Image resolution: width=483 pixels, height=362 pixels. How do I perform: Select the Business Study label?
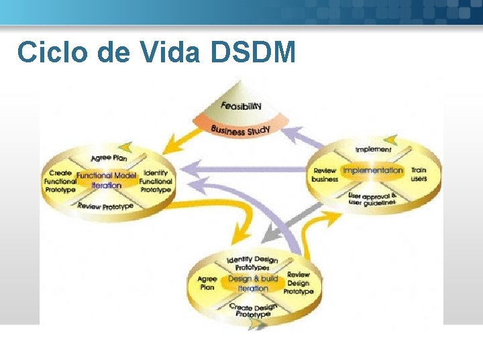pyautogui.click(x=240, y=129)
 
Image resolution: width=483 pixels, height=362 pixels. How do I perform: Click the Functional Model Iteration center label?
pyautogui.click(x=107, y=180)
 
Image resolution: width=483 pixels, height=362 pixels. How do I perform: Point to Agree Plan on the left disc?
pyautogui.click(x=109, y=158)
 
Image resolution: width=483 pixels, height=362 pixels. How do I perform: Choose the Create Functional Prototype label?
pyautogui.click(x=60, y=181)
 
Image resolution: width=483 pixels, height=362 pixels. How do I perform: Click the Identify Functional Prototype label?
pyautogui.click(x=156, y=181)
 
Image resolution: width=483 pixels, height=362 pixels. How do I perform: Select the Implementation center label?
pyautogui.click(x=373, y=170)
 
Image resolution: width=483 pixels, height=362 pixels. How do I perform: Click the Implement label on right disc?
pyautogui.click(x=373, y=149)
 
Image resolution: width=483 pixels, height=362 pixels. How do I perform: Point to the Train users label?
pyautogui.click(x=419, y=174)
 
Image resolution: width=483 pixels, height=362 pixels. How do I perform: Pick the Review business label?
pyautogui.click(x=325, y=174)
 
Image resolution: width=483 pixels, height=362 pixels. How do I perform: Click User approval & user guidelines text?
pyautogui.click(x=372, y=198)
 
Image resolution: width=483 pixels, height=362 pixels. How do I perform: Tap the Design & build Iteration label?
pyautogui.click(x=253, y=283)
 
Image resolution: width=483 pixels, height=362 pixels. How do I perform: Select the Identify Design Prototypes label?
pyautogui.click(x=252, y=263)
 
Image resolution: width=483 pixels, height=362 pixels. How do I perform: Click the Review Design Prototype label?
pyautogui.click(x=299, y=283)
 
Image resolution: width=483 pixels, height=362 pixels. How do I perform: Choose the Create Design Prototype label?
pyautogui.click(x=253, y=310)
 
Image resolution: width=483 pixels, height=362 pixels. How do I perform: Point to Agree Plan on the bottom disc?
pyautogui.click(x=207, y=282)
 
